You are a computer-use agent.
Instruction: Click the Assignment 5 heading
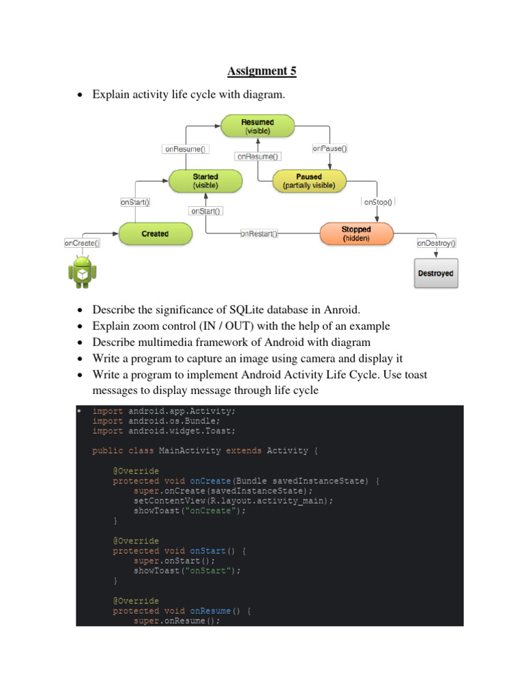coord(262,71)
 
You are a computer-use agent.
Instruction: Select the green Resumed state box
coord(257,126)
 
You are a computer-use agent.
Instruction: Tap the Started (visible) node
coord(205,180)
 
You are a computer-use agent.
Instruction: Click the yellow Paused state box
coord(309,180)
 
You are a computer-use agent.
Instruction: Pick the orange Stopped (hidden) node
coord(356,233)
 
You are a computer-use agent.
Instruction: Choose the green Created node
coord(155,233)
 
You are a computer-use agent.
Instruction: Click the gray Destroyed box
coord(435,273)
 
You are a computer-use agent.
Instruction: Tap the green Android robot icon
coord(82,271)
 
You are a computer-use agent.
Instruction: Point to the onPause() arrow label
coord(330,147)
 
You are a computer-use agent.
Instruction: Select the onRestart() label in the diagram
coord(259,233)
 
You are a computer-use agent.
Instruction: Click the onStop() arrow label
coord(379,202)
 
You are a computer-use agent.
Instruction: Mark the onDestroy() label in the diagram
coord(436,242)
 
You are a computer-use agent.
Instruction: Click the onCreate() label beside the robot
coord(82,242)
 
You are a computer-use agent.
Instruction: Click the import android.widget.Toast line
coord(164,431)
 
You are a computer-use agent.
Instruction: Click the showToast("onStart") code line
coord(187,570)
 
